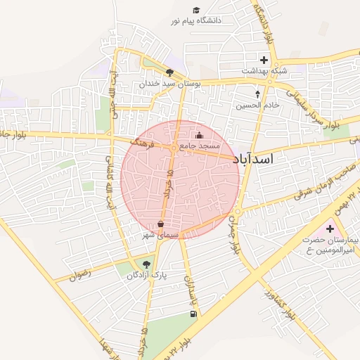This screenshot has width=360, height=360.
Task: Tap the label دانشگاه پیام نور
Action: click(x=195, y=21)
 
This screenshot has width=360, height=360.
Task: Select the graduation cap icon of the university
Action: click(x=196, y=10)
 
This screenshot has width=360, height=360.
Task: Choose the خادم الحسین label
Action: click(x=257, y=104)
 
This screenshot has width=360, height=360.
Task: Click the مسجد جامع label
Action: click(x=200, y=146)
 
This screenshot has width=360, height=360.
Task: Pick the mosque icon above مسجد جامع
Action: click(x=199, y=135)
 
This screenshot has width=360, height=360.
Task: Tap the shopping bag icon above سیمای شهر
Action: click(x=161, y=224)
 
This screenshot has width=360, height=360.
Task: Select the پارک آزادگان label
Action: click(x=147, y=275)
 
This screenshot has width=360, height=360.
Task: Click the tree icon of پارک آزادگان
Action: click(x=146, y=264)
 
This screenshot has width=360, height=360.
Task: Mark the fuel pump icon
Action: click(x=193, y=314)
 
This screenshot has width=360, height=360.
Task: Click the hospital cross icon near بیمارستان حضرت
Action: click(x=330, y=229)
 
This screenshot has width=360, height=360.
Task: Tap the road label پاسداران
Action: click(x=188, y=285)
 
